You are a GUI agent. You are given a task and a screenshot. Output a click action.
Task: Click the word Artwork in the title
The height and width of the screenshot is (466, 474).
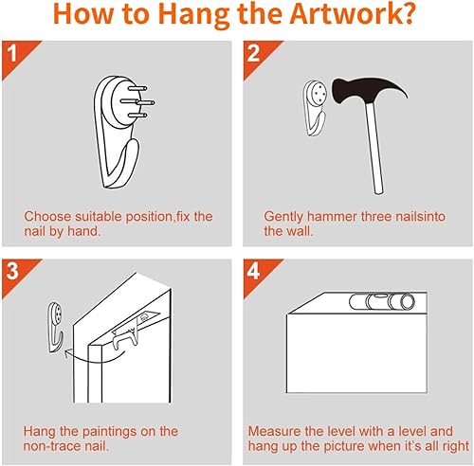352,15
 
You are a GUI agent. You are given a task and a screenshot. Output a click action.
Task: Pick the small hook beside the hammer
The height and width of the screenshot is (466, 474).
315,108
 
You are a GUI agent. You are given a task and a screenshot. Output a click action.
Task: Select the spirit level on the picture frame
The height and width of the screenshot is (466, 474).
382,302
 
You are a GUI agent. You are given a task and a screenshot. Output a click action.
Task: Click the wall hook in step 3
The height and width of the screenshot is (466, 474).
56,328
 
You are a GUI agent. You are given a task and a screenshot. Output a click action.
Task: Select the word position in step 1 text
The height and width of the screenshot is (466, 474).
148,217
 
